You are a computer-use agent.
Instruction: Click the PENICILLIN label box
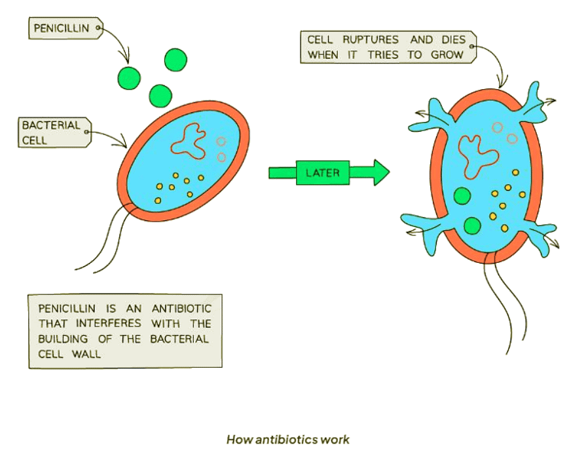click(64, 28)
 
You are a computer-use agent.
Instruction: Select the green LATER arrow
click(328, 173)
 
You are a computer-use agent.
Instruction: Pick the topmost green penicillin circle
click(175, 60)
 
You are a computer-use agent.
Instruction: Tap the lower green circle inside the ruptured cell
click(471, 226)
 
